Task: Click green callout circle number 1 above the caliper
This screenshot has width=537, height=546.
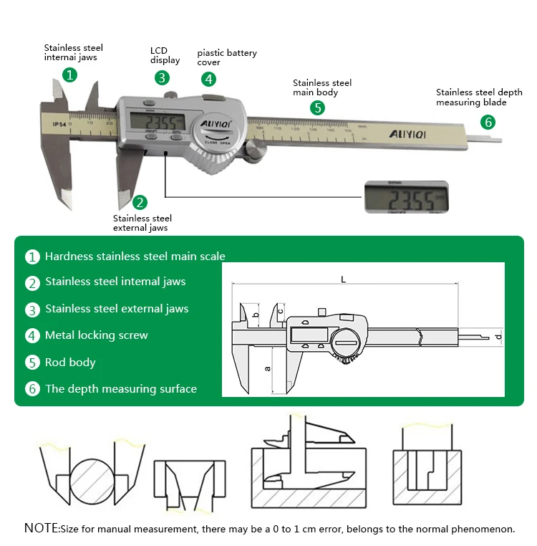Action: [69, 75]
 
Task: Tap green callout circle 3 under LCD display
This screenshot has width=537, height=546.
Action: [163, 77]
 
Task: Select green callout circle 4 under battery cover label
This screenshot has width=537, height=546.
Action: [208, 79]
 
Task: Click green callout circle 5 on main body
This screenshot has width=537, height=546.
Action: [317, 108]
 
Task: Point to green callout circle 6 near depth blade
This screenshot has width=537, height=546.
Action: [488, 122]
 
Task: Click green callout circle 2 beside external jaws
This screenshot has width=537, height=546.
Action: [140, 202]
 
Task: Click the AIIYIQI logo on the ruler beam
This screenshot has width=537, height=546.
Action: [408, 134]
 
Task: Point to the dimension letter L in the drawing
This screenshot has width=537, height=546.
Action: [344, 279]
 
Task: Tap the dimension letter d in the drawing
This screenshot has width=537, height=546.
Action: [497, 336]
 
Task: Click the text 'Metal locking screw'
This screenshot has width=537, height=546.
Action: [96, 335]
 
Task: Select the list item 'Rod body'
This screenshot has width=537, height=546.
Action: [70, 363]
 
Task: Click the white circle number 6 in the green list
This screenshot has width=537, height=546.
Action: [32, 389]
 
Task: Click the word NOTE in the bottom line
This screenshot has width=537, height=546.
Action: [42, 529]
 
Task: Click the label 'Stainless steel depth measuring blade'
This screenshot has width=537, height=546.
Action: [479, 97]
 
